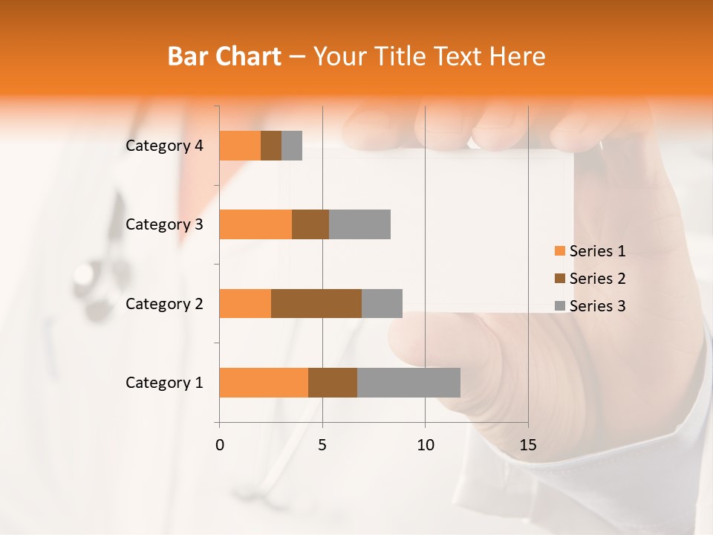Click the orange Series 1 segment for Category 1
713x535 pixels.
click(x=264, y=383)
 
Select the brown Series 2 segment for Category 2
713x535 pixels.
click(x=316, y=303)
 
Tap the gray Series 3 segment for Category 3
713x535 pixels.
click(x=359, y=224)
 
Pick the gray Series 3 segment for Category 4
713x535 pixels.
click(x=292, y=146)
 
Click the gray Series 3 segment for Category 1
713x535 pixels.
click(x=408, y=383)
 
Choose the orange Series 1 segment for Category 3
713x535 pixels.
click(x=255, y=224)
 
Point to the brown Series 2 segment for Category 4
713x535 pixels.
click(x=271, y=146)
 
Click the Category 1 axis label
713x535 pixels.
click(x=164, y=383)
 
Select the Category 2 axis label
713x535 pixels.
click(x=164, y=303)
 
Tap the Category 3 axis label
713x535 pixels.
click(x=164, y=224)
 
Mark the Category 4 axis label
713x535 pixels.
click(x=164, y=146)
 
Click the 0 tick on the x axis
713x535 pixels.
click(x=220, y=445)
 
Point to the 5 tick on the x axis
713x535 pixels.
click(x=322, y=445)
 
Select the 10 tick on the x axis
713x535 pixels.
click(x=425, y=445)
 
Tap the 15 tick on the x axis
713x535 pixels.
click(x=527, y=445)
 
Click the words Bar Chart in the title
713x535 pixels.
click(x=224, y=56)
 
